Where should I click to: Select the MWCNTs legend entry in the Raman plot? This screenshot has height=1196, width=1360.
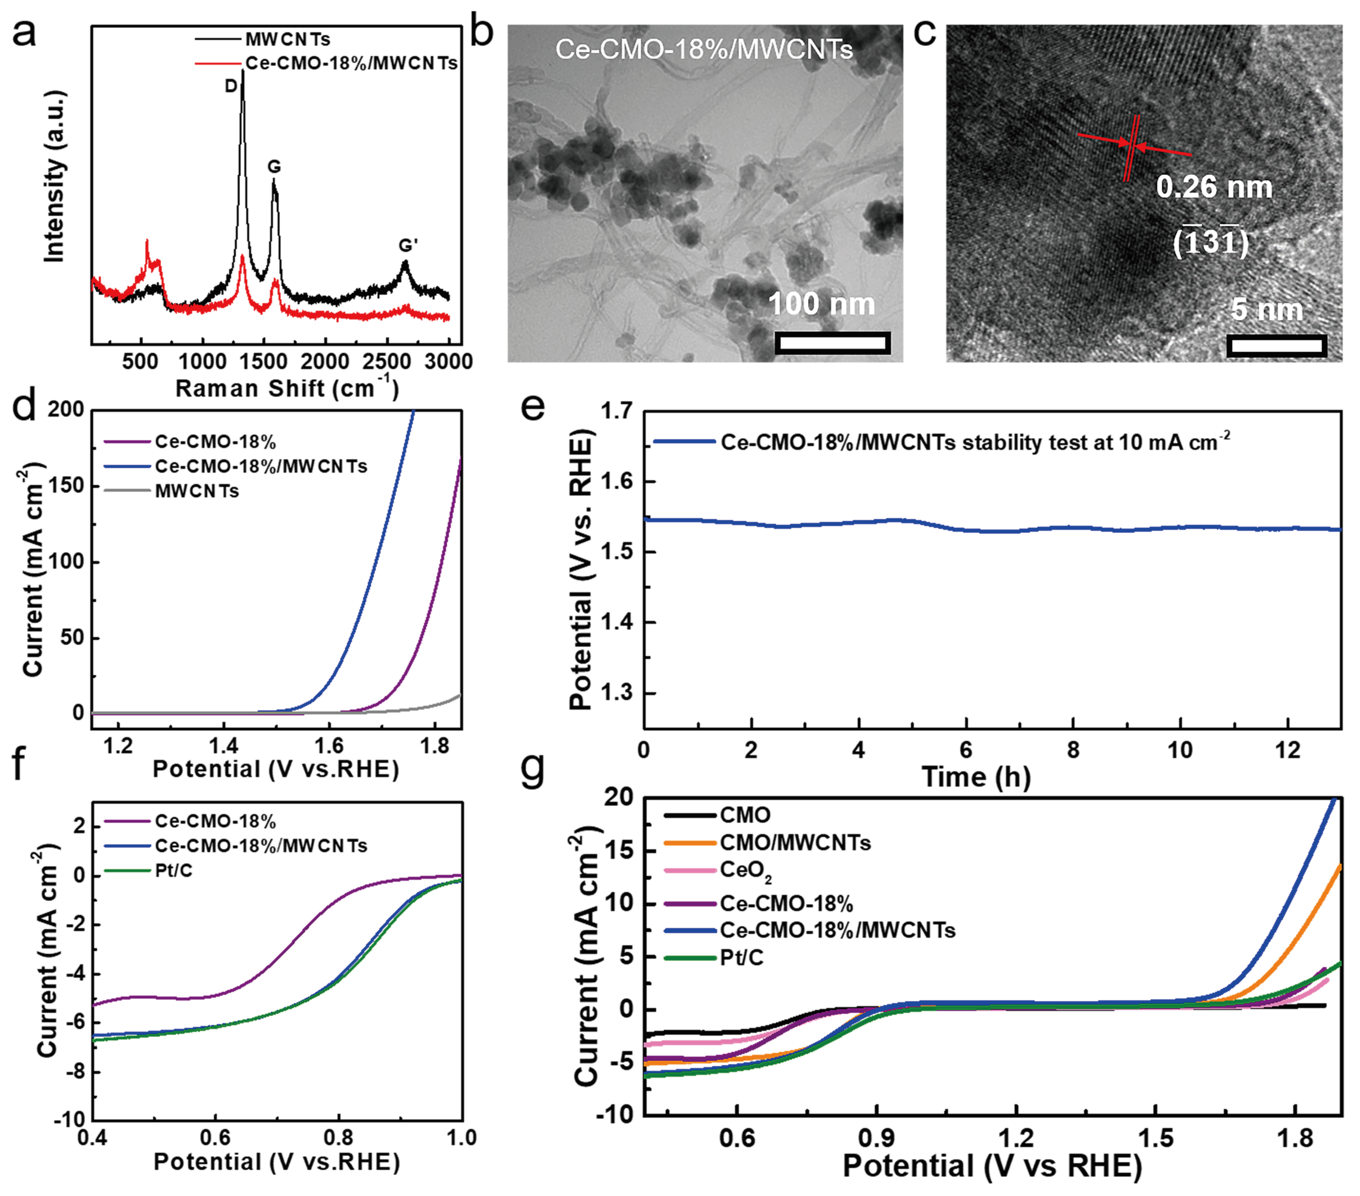coord(287,39)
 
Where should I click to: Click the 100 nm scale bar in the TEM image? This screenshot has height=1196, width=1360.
coord(832,343)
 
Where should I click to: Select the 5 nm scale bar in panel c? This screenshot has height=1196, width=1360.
coord(1276,345)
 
